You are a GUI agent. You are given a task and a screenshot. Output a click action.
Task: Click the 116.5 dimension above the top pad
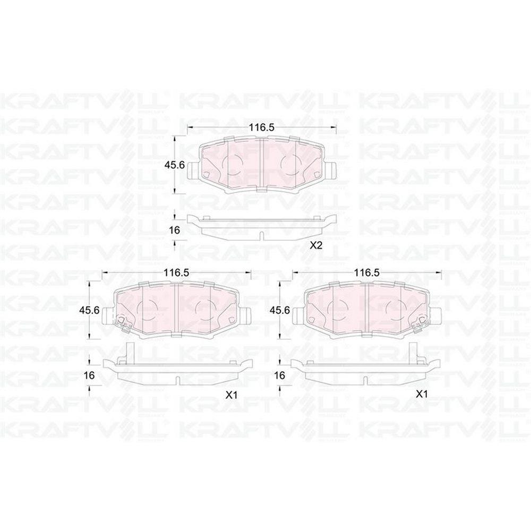(261, 127)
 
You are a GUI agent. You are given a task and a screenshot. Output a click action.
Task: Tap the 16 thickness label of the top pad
(174, 230)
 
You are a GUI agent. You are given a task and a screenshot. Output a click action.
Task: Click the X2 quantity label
(315, 246)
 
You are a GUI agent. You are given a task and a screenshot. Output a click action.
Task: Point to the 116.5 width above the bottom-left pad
(176, 272)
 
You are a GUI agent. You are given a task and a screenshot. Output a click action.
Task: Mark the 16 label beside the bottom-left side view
(89, 375)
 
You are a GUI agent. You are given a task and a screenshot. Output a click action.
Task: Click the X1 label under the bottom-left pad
(231, 395)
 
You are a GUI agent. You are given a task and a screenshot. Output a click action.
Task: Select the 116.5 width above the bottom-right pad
(366, 272)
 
